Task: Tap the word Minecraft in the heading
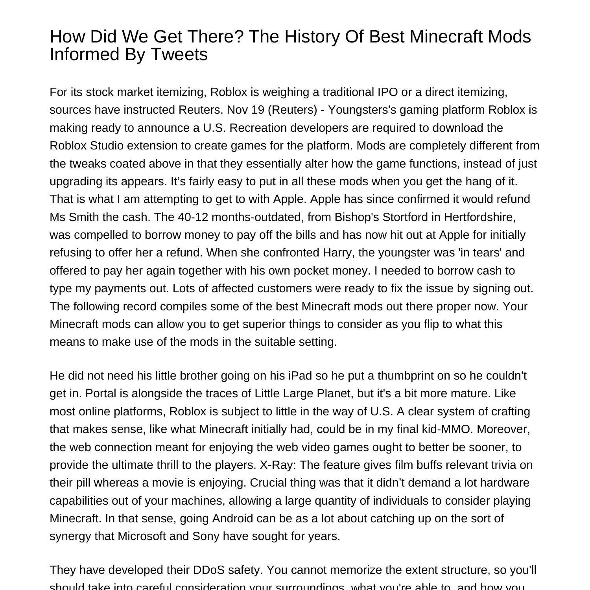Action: point(446,37)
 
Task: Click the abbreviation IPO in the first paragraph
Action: point(387,92)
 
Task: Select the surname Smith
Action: point(83,217)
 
